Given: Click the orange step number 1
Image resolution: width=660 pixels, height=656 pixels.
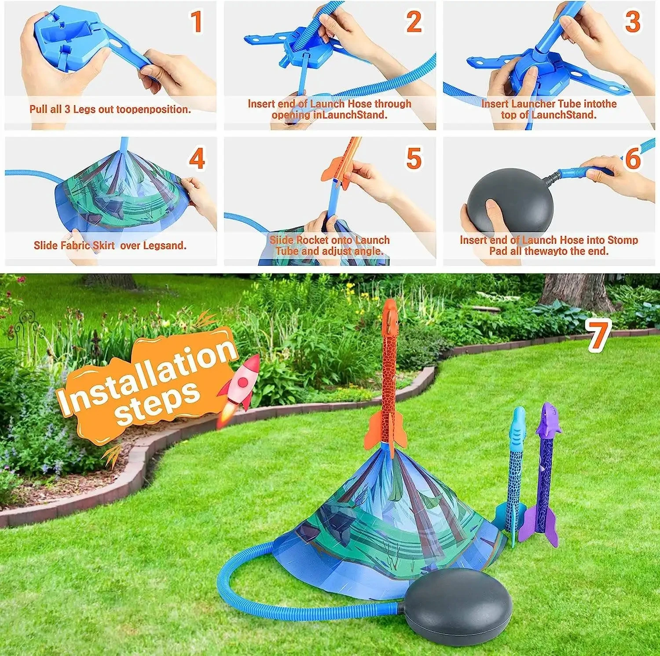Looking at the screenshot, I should point(196,22).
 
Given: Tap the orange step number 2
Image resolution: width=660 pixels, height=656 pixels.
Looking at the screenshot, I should point(414,22).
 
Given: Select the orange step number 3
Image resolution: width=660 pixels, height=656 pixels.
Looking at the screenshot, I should point(632,22).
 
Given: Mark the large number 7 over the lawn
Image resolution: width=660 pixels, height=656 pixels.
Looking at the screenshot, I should point(600,336).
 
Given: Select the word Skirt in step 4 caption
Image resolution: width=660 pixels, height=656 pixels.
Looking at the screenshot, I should point(104,246).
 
